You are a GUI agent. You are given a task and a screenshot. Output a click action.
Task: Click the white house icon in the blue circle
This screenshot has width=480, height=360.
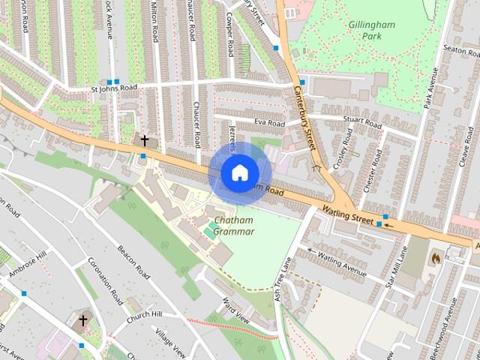coord(238,172)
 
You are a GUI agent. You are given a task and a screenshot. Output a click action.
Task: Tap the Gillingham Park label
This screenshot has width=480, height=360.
coord(372,30)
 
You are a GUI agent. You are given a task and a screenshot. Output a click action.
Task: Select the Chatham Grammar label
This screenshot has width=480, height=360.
coord(234,226)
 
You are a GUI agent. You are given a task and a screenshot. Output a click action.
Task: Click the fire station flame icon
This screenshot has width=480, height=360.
coord(436,257)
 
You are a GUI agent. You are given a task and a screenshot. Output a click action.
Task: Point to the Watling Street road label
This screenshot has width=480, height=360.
coord(347,217)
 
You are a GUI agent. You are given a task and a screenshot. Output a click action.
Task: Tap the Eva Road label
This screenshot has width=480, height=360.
coord(270,122)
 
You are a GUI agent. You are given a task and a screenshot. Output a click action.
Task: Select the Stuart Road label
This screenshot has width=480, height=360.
coord(362,122)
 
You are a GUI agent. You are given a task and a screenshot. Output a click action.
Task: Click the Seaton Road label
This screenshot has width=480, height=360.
coord(460,49)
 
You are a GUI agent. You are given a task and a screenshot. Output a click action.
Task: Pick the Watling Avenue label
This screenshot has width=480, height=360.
coord(342,265)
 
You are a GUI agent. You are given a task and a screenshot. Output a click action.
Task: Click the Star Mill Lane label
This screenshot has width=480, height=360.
coord(394,270)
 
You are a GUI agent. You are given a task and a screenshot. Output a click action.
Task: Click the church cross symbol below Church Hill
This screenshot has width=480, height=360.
coord(82,321)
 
